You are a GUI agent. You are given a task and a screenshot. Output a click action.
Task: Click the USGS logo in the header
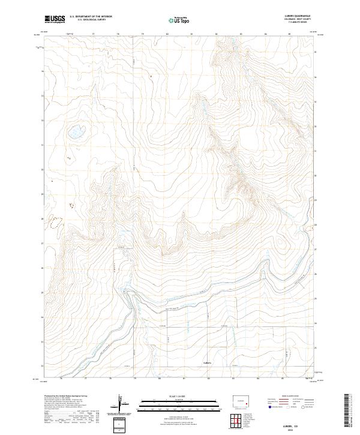(x=55, y=20)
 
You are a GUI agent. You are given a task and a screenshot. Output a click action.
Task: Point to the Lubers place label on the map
(x=208, y=362)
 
